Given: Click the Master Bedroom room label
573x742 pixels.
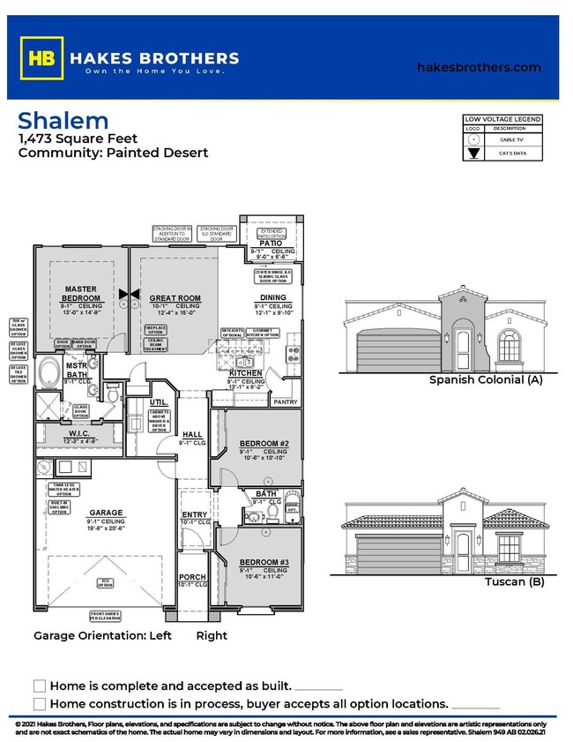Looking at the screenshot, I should click(80, 293).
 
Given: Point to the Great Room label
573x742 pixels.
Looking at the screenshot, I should click(175, 298).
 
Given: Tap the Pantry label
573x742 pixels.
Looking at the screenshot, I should click(285, 401).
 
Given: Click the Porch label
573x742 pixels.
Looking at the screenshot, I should click(192, 576).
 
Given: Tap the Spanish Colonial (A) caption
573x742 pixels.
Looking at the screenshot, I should click(485, 380).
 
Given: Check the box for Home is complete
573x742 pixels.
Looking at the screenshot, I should click(39, 686).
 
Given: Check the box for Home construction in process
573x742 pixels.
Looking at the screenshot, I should click(39, 703).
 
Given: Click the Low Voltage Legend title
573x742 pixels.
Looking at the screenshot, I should click(502, 119).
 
